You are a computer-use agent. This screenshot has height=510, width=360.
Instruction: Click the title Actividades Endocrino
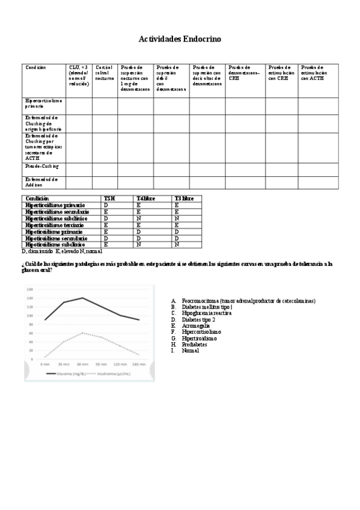point(180,39)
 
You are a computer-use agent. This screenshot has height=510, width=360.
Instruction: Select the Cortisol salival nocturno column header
point(105,73)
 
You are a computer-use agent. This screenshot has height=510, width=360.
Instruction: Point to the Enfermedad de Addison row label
point(41,182)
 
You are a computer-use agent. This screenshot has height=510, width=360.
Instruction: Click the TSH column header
point(109,198)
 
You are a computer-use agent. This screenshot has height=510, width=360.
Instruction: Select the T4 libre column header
point(145,198)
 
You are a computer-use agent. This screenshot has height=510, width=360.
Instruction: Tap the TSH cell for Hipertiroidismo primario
point(106,205)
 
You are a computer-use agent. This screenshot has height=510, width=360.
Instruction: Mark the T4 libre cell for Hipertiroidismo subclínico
point(139,218)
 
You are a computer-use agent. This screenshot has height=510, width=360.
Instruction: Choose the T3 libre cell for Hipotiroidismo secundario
point(177,238)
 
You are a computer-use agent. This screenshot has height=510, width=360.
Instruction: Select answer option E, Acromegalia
point(195,325)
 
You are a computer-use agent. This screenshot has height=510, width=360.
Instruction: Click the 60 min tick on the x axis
point(82,364)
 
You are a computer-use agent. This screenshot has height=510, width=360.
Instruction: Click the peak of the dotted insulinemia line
point(82,333)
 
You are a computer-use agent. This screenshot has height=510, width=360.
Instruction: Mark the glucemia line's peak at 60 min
point(82,298)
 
